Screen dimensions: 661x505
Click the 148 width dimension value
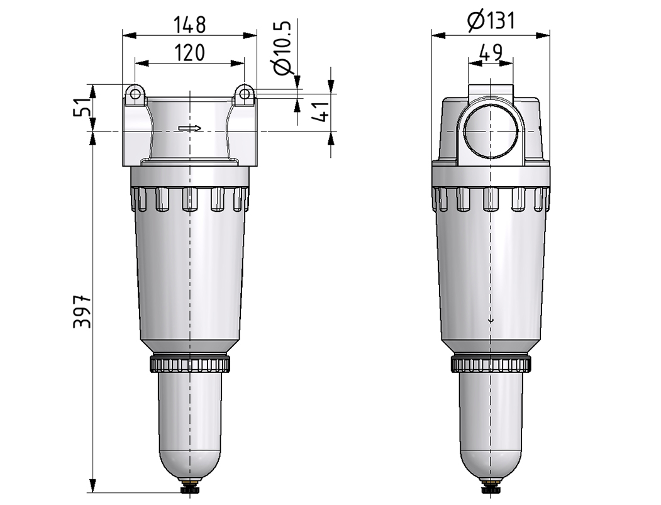[x=189, y=25]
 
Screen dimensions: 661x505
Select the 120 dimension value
[x=189, y=53]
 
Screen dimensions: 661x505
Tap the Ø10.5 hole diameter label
[x=282, y=48]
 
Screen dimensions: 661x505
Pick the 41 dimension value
[x=321, y=111]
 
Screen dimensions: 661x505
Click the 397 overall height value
[x=82, y=311]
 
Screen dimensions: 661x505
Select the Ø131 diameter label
[x=491, y=20]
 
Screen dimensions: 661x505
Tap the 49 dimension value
[x=491, y=53]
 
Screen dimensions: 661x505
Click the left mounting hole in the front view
[x=135, y=94]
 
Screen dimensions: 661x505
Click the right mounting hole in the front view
[x=244, y=94]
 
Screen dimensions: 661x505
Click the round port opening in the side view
[x=491, y=131]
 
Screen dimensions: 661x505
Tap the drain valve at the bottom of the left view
[x=190, y=489]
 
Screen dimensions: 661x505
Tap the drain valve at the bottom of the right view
[x=491, y=489]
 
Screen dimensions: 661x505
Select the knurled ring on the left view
[x=190, y=364]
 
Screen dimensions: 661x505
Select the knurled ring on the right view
[x=491, y=364]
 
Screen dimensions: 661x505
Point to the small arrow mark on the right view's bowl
[x=491, y=320]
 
